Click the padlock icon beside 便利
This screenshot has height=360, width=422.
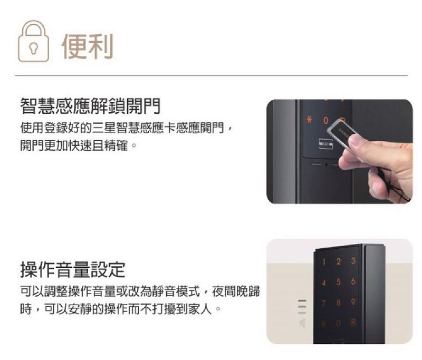point(33,41)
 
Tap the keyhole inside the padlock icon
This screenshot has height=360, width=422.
point(33,48)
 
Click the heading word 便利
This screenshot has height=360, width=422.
point(87,46)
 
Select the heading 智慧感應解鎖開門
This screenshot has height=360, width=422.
point(90,106)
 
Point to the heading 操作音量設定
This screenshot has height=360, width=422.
point(73,269)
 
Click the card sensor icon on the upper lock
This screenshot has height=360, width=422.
point(326,144)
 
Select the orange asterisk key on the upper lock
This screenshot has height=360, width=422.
point(310,120)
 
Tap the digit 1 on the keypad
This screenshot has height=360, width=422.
point(324,261)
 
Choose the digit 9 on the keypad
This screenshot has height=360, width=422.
point(353,302)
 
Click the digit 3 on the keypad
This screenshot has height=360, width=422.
point(353,260)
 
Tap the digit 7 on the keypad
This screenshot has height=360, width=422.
point(324,303)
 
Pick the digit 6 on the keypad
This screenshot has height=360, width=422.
point(353,281)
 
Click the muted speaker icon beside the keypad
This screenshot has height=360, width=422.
point(302,324)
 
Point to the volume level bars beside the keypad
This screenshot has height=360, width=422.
point(302,306)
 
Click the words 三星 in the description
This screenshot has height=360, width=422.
point(104,128)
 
